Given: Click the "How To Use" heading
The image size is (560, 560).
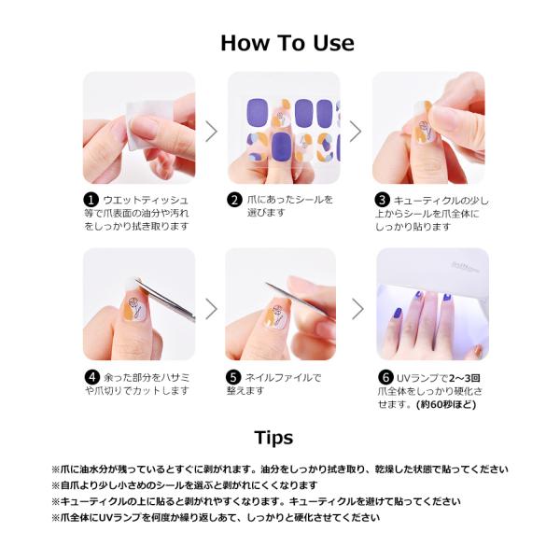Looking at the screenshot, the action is click(x=287, y=43).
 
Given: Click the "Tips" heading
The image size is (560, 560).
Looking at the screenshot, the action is click(x=273, y=438).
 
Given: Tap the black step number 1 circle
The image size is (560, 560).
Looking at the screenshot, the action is click(x=91, y=200).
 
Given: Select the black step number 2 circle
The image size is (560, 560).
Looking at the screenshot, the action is click(x=234, y=200).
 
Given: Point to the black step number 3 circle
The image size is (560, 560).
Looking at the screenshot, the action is click(x=382, y=200).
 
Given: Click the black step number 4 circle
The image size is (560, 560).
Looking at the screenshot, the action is click(x=92, y=377).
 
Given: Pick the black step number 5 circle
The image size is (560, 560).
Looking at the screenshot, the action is click(x=232, y=377).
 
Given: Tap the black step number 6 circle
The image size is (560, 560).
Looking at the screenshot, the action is click(x=385, y=377).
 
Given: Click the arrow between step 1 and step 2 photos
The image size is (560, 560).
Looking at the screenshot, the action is click(x=212, y=132).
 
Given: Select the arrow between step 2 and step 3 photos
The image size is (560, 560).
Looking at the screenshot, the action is click(x=356, y=132).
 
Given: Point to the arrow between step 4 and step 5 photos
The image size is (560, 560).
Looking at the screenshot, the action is click(x=212, y=309).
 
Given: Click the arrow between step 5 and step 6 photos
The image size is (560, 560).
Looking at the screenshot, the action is click(x=357, y=309).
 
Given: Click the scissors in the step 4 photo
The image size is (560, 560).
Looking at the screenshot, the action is click(x=165, y=300).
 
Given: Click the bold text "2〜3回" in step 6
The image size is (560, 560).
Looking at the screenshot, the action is click(x=465, y=378).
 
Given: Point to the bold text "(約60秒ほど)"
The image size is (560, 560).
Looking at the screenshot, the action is click(x=446, y=405).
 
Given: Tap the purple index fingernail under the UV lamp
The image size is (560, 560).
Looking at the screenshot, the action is click(x=398, y=314).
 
